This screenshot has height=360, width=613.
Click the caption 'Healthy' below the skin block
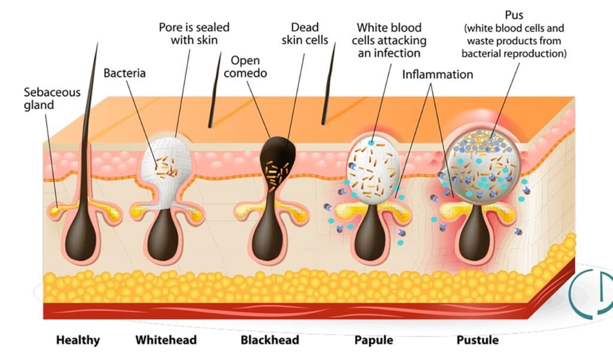tap(78, 340)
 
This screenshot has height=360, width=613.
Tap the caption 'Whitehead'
tap(166, 340)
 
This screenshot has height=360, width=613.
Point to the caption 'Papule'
tap(374, 340)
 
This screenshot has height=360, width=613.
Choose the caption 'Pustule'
tap(477, 340)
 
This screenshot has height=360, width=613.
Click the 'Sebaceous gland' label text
tap(39, 99)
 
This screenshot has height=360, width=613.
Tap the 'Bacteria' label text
tap(125, 74)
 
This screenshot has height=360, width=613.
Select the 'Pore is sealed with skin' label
tap(194, 34)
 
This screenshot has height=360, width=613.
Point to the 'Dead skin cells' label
tap(305, 34)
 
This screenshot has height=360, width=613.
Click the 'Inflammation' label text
tap(437, 75)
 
